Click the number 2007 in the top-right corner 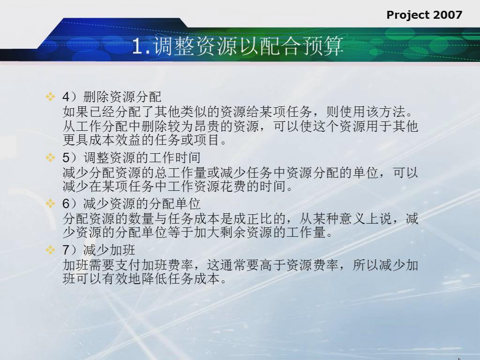pyautogui.click(x=448, y=15)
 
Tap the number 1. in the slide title pyautogui.click(x=142, y=47)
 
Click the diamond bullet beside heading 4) pyautogui.click(x=50, y=97)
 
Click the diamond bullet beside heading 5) pyautogui.click(x=50, y=157)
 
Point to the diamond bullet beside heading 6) pyautogui.click(x=50, y=203)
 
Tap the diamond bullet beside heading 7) pyautogui.click(x=50, y=250)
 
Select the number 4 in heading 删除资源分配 pyautogui.click(x=66, y=97)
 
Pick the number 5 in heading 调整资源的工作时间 pyautogui.click(x=66, y=158)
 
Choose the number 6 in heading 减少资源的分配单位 pyautogui.click(x=66, y=204)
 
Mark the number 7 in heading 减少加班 pyautogui.click(x=66, y=250)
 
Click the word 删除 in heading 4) pyautogui.click(x=96, y=97)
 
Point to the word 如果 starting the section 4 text pyautogui.click(x=75, y=112)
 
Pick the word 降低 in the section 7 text pyautogui.click(x=155, y=278)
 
